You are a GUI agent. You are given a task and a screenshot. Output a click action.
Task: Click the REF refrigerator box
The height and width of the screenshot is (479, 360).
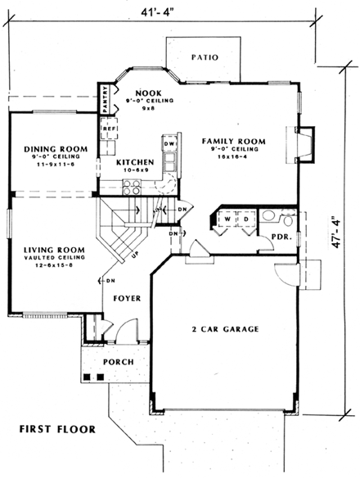pyautogui.click(x=106, y=129)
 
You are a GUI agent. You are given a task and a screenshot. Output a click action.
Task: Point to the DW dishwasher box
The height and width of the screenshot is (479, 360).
pyautogui.click(x=169, y=145)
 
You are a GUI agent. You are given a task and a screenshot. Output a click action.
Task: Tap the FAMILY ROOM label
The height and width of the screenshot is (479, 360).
pyautogui.click(x=234, y=142)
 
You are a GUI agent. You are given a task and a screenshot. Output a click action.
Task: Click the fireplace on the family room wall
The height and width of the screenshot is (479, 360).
pyautogui.click(x=303, y=144)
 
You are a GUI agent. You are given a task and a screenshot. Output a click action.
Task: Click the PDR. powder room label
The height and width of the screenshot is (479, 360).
pyautogui.click(x=280, y=237)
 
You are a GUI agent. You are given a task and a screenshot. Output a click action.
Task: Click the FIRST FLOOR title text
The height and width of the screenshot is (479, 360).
pyautogui.click(x=57, y=429)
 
